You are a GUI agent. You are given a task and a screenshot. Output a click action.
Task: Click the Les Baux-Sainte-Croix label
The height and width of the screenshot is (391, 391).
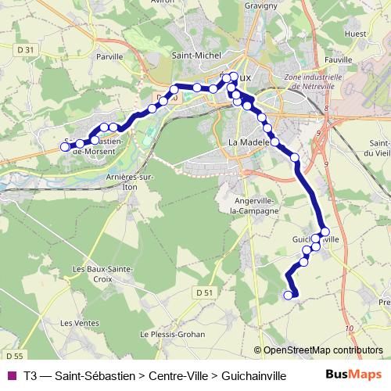point(103,274)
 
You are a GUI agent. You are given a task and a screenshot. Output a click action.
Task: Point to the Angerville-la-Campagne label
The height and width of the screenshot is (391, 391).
point(254,205)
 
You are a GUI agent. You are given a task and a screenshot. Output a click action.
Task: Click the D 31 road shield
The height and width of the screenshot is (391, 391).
point(25,50)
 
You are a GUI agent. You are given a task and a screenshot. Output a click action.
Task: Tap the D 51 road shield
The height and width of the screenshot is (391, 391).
point(204,292)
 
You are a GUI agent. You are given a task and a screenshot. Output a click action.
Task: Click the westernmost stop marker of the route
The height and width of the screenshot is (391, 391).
point(65,146)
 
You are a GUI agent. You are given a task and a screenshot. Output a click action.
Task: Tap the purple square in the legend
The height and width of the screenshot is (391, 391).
point(10,375)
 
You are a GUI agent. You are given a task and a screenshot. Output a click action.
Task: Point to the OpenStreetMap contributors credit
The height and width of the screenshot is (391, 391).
point(318,350)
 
